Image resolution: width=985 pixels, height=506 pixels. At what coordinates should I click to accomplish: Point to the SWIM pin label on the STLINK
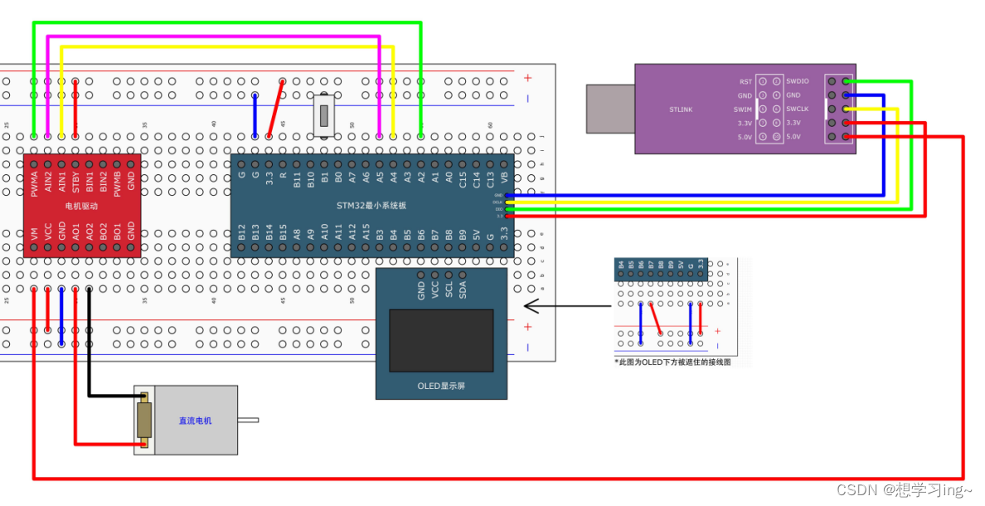coord(743,109)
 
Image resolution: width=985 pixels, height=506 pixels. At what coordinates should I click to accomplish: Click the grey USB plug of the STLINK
coord(610,109)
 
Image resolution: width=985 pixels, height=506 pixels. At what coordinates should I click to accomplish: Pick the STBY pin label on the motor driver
coord(75,182)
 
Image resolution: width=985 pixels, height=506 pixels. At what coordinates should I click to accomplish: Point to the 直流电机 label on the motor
coord(195,421)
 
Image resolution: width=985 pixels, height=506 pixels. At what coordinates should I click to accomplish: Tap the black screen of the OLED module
coord(441,341)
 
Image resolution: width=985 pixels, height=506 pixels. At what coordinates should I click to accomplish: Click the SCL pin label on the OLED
coord(449,288)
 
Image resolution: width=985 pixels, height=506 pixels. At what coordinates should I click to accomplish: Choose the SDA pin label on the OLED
coord(463,288)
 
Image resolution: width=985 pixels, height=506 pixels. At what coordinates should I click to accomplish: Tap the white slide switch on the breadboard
coord(326,115)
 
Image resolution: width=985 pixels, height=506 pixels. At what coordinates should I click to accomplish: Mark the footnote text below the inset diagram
coord(672,362)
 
